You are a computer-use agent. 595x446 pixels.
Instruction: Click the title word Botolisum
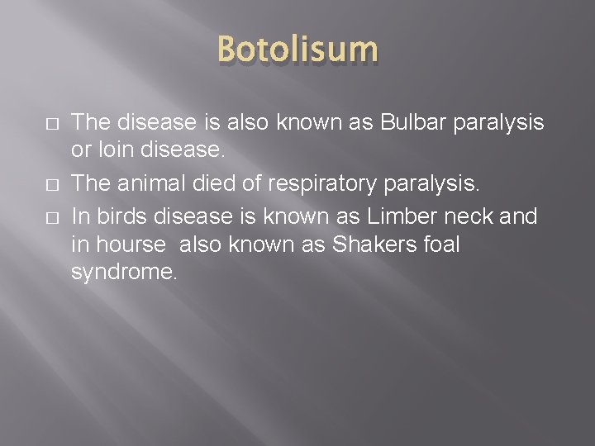[x=297, y=50]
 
